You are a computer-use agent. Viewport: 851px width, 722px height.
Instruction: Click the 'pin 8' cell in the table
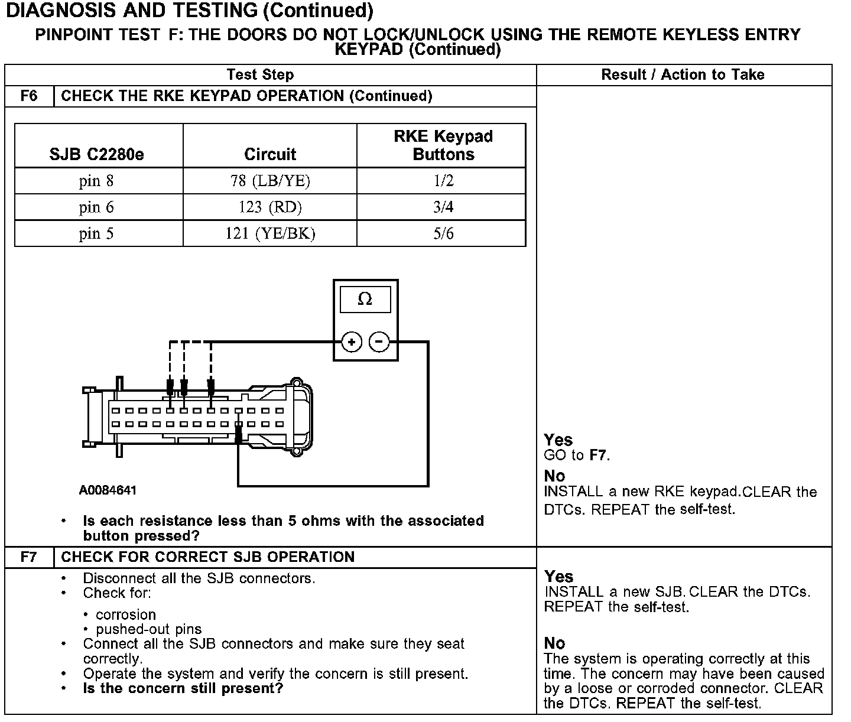tap(96, 181)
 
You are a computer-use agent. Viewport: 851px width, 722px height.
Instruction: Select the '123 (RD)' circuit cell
tap(270, 207)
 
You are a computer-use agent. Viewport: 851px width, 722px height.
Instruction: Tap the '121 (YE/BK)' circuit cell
tap(270, 234)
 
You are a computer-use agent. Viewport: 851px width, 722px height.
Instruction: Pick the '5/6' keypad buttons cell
tap(443, 234)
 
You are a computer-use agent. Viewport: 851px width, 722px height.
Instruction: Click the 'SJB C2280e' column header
tap(96, 154)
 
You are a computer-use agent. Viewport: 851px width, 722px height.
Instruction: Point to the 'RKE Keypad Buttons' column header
tap(443, 145)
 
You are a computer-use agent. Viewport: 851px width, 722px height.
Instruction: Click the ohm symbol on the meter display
tap(365, 300)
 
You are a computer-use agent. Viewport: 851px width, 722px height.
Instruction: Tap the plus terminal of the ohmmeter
tap(352, 342)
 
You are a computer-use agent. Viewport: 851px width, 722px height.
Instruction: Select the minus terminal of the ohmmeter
tap(379, 342)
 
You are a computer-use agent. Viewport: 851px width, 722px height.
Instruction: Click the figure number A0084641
tap(108, 490)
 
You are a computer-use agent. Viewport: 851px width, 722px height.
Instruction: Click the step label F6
tap(29, 96)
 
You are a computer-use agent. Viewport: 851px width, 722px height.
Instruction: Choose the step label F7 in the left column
tap(29, 557)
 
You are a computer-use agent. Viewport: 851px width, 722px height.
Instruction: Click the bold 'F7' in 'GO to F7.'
tap(599, 456)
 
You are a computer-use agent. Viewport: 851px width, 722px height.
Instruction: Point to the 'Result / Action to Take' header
tap(683, 74)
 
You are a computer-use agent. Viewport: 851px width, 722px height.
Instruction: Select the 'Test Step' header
tap(260, 74)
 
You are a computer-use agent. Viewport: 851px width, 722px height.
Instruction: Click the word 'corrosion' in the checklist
tap(126, 614)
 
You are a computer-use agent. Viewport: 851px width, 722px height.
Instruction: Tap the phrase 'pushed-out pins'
tap(148, 629)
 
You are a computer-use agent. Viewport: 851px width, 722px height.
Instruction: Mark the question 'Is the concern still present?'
tap(183, 688)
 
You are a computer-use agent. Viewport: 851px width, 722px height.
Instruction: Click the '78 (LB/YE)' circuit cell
tap(270, 181)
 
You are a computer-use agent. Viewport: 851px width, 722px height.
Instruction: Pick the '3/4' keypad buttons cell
tap(443, 207)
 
